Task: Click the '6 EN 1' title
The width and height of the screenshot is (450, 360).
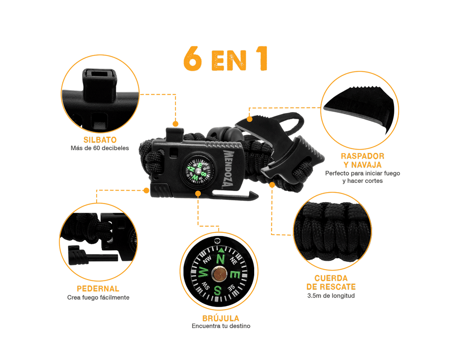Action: point(225,59)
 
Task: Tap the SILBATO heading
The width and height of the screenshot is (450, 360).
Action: point(100,140)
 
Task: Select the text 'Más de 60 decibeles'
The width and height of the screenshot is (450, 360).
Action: point(100,148)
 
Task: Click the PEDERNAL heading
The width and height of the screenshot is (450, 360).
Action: point(98,288)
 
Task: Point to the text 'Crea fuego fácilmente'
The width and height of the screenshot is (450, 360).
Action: point(98,297)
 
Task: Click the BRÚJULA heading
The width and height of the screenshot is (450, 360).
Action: point(221,318)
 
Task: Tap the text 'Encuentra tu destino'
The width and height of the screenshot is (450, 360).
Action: point(221,326)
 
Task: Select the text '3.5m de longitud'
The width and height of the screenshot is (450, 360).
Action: point(331,296)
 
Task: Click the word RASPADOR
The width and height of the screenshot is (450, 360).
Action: point(362,156)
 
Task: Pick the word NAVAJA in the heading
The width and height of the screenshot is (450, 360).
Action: point(367,165)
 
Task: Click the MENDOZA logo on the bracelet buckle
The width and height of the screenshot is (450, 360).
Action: point(229,168)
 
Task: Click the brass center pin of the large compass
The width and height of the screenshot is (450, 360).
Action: point(220,273)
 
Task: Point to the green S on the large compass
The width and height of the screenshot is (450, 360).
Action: point(218,290)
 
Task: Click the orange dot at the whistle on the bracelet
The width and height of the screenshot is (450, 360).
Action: point(175,124)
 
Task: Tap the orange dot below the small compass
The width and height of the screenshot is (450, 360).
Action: point(198,194)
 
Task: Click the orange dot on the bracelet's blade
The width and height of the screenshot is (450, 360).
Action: point(250,119)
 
